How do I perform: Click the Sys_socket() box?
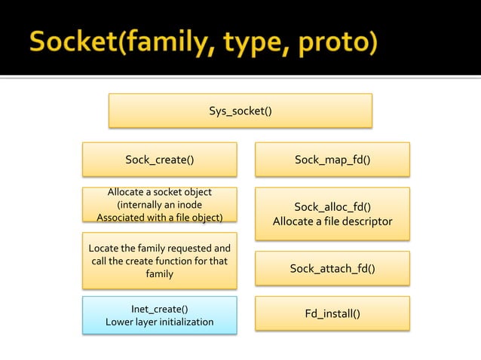tap(240, 111)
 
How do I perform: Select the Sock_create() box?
tap(159, 159)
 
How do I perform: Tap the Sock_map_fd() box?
tap(332, 159)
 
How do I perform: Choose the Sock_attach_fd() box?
tap(332, 268)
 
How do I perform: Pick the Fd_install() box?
tap(332, 313)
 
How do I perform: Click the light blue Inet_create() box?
tap(159, 315)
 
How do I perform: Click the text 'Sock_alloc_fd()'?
tap(332, 207)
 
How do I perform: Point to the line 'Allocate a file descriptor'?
tap(332, 221)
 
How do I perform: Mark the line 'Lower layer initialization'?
tap(159, 322)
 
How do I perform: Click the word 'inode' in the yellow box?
tap(185, 205)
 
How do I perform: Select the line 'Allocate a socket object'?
tap(159, 193)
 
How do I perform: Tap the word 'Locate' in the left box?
tap(105, 249)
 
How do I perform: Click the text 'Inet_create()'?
tap(159, 309)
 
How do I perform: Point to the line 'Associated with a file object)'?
tap(159, 218)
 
